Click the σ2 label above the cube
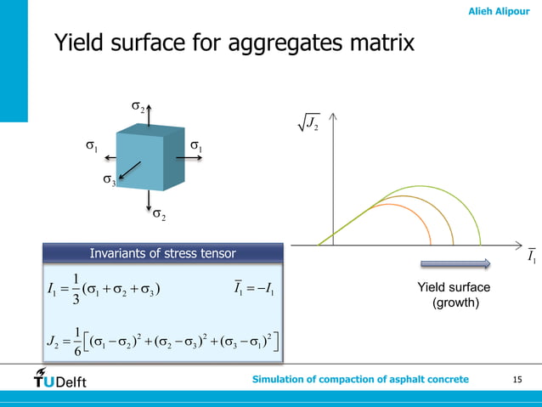point(137,106)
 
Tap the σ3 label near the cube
point(109,180)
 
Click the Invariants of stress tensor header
point(162,252)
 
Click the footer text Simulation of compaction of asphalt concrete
point(360,379)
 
